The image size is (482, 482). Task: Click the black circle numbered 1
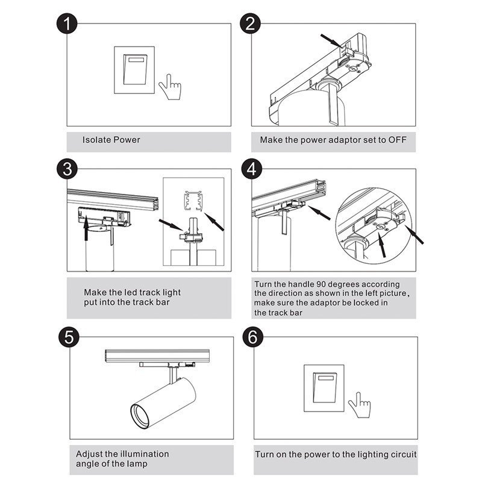tap(67, 23)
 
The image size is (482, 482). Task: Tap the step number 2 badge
tap(250, 23)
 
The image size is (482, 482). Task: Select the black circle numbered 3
tap(67, 169)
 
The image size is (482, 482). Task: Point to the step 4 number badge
tap(252, 169)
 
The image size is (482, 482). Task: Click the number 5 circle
tap(69, 337)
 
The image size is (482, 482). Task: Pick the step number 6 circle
tap(252, 337)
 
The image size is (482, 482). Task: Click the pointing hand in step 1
tap(170, 87)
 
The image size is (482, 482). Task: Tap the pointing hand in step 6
tap(359, 405)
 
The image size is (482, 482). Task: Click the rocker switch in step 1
tap(134, 70)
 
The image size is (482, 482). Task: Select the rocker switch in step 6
tap(324, 388)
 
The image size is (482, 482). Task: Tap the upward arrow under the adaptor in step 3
tap(86, 228)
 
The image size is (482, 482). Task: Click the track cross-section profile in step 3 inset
tap(193, 201)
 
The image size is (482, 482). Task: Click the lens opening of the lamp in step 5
tap(140, 416)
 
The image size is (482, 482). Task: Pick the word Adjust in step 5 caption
tap(89, 454)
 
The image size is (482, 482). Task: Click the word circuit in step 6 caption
tap(402, 454)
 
